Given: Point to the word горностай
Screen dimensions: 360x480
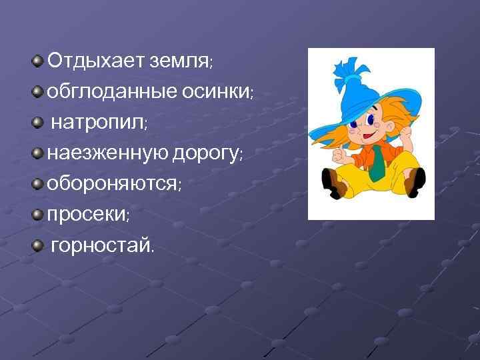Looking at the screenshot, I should [101, 246].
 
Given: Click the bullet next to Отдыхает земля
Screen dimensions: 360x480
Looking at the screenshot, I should [38, 61].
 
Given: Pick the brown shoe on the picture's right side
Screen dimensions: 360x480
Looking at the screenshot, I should [415, 181].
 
